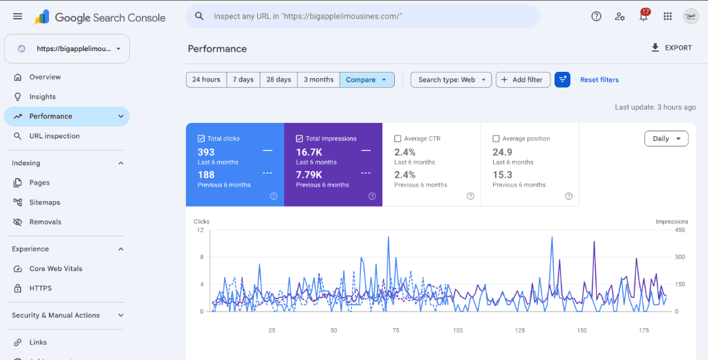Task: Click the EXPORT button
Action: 671,48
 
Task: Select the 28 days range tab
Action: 279,80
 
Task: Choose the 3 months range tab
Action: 318,80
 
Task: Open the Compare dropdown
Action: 366,80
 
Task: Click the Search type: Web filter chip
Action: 451,80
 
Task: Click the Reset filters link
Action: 599,80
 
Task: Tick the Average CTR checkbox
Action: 398,138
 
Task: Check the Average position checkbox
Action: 496,138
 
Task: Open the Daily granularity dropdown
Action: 666,138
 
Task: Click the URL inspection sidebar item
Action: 54,136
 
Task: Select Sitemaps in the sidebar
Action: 45,202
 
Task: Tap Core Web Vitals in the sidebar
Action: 55,268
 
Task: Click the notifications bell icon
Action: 644,17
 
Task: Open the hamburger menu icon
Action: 17,17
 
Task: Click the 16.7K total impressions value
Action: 309,152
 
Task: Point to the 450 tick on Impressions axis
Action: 680,230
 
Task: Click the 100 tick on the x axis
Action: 458,330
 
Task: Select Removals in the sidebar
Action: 45,222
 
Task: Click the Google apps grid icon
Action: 667,17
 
